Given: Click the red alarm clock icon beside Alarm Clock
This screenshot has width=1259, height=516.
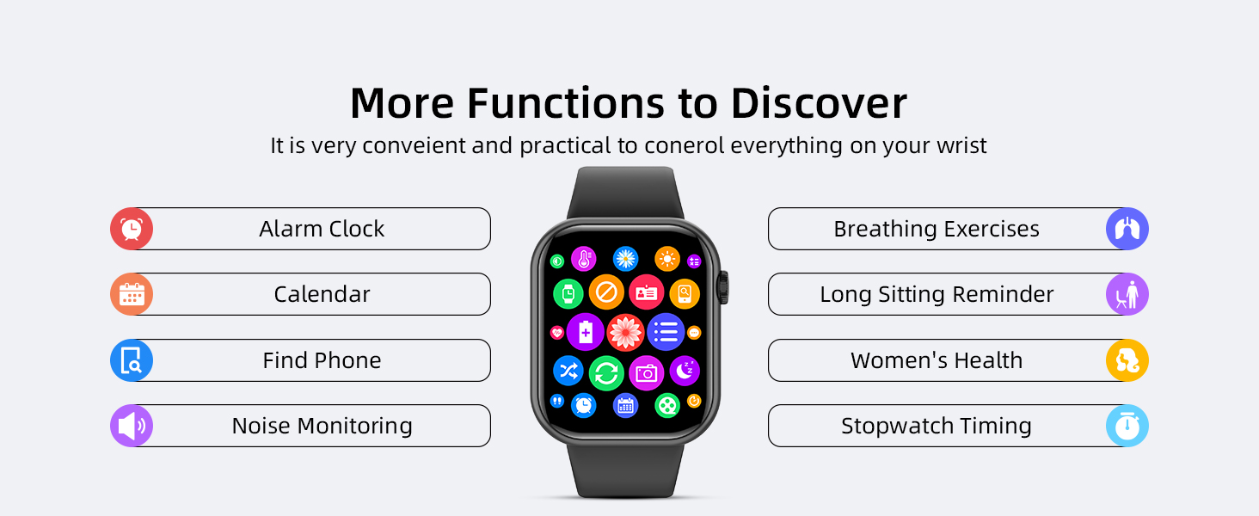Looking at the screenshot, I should (x=132, y=229).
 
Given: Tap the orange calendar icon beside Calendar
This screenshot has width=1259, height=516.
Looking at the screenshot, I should (x=132, y=294).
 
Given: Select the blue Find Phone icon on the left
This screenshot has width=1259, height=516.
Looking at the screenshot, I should (x=132, y=360).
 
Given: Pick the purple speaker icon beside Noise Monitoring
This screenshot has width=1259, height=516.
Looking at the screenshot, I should (x=132, y=426).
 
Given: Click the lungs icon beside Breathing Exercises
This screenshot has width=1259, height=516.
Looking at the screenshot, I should (x=1127, y=229).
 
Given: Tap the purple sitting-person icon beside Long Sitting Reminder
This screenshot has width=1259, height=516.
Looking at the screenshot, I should (x=1127, y=294).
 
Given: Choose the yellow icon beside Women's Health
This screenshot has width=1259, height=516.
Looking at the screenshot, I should (x=1127, y=360).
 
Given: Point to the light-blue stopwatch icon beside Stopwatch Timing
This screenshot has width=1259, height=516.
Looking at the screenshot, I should (x=1127, y=426).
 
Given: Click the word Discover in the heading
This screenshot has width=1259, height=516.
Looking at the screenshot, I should (x=819, y=103).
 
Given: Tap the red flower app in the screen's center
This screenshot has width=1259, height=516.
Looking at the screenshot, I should (x=625, y=332).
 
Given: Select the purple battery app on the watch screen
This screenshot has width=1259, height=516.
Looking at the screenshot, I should (x=585, y=332).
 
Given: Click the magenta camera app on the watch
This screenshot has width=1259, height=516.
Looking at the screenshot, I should (x=646, y=373).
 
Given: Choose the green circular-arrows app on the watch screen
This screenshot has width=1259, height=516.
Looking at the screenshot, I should (x=606, y=373).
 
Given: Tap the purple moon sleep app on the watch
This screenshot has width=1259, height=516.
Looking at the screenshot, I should (x=685, y=371).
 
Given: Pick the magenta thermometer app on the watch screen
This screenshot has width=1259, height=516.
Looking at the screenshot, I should (x=584, y=259).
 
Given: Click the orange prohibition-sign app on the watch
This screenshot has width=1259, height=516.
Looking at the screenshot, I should (x=606, y=292).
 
